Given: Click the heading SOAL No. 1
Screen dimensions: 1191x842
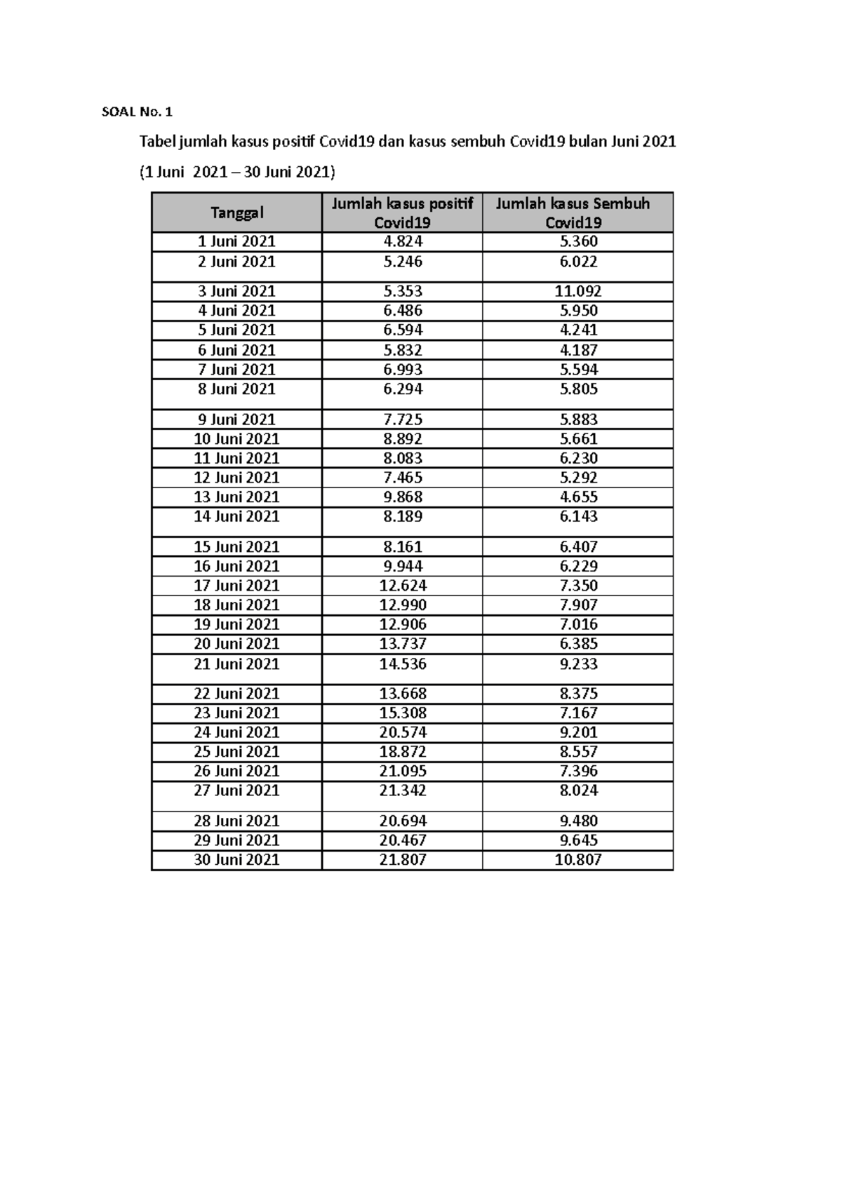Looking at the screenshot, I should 137,112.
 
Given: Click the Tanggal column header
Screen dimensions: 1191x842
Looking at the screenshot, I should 236,213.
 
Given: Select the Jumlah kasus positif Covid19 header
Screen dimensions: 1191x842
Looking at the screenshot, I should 402,213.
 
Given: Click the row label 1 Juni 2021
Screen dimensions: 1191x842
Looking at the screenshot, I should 236,242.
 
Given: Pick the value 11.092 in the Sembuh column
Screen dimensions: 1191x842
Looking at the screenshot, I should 578,291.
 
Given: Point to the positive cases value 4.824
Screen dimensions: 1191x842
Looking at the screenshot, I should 403,242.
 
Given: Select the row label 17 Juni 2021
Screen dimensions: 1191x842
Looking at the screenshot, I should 236,586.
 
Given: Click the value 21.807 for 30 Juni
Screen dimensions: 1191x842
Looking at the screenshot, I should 403,860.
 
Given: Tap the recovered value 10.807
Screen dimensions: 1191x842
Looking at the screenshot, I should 578,860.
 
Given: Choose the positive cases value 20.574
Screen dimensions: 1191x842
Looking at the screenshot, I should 403,732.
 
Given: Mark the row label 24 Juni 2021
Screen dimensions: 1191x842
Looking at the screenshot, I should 236,732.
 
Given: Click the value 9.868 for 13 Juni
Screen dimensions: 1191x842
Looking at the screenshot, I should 403,497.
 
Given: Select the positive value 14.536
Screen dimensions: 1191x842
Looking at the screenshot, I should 403,664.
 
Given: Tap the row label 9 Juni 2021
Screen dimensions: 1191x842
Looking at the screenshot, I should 236,419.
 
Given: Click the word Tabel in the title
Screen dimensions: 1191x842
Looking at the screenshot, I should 157,142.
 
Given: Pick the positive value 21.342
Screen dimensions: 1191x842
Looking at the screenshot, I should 403,790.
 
